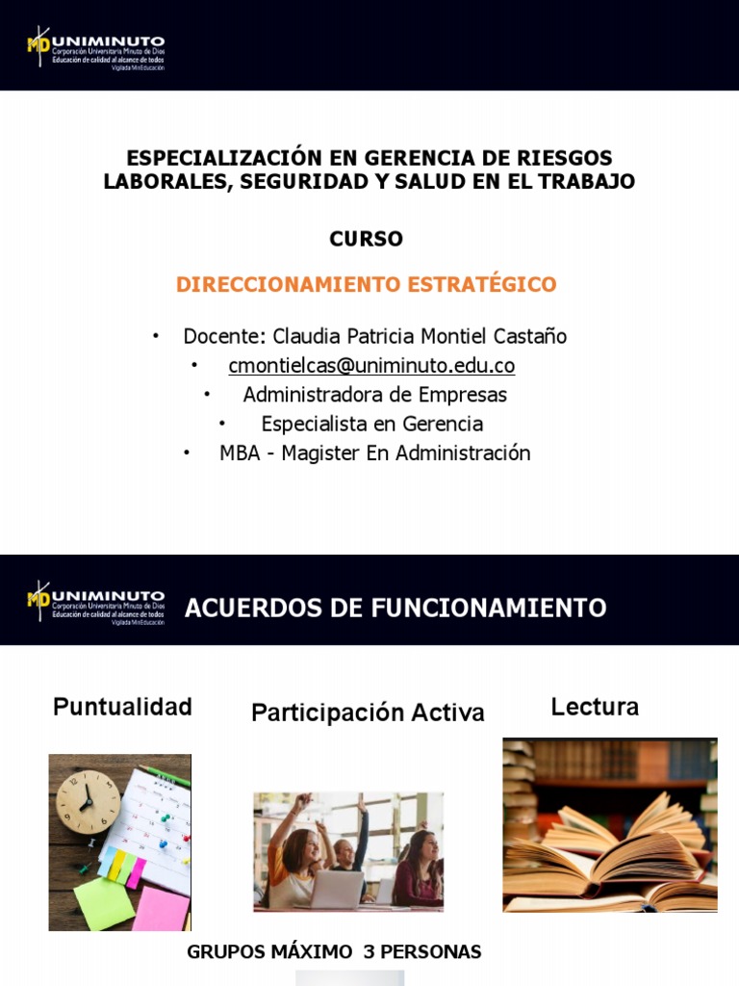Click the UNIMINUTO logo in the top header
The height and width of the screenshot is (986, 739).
click(x=95, y=47)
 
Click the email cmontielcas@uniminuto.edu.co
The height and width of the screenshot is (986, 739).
click(x=371, y=366)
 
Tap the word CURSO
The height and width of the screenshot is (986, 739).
click(x=366, y=239)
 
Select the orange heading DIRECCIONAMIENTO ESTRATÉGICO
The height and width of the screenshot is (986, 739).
click(x=366, y=285)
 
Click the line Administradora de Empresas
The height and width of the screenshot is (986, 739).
click(x=374, y=395)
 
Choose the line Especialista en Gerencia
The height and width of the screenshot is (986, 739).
click(x=371, y=424)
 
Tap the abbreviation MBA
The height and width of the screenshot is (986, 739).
click(x=240, y=454)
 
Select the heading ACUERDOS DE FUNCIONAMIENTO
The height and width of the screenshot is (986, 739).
click(x=395, y=609)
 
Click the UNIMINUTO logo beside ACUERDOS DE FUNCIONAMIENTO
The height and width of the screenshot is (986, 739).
click(x=95, y=603)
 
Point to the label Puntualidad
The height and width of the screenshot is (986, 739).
click(x=122, y=708)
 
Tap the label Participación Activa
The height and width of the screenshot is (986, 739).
click(x=368, y=714)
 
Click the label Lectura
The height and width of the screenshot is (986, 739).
click(x=595, y=708)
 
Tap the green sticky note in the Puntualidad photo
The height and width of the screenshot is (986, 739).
click(x=105, y=902)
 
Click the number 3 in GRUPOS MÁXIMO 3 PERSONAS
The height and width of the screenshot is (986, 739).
click(x=369, y=952)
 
